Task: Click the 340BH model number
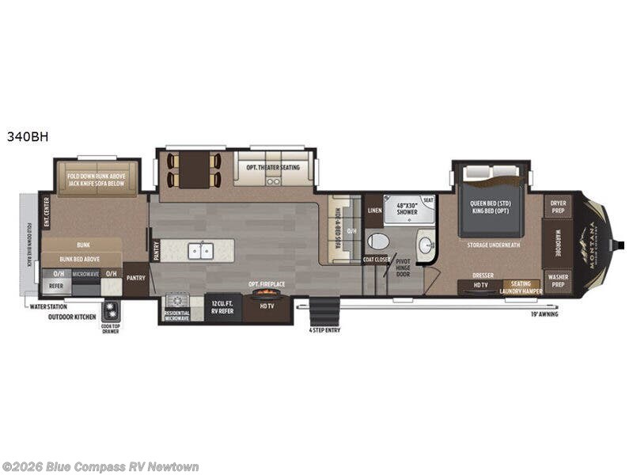pos(28,135)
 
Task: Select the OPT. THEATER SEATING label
pos(274,166)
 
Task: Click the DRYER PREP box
pos(559,207)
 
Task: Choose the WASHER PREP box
pos(559,281)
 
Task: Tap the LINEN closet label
pos(375,211)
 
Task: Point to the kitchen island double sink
pos(199,251)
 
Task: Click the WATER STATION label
pos(47,306)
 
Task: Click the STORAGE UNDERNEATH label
pos(493,245)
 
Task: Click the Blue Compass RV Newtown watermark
pos(101,467)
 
